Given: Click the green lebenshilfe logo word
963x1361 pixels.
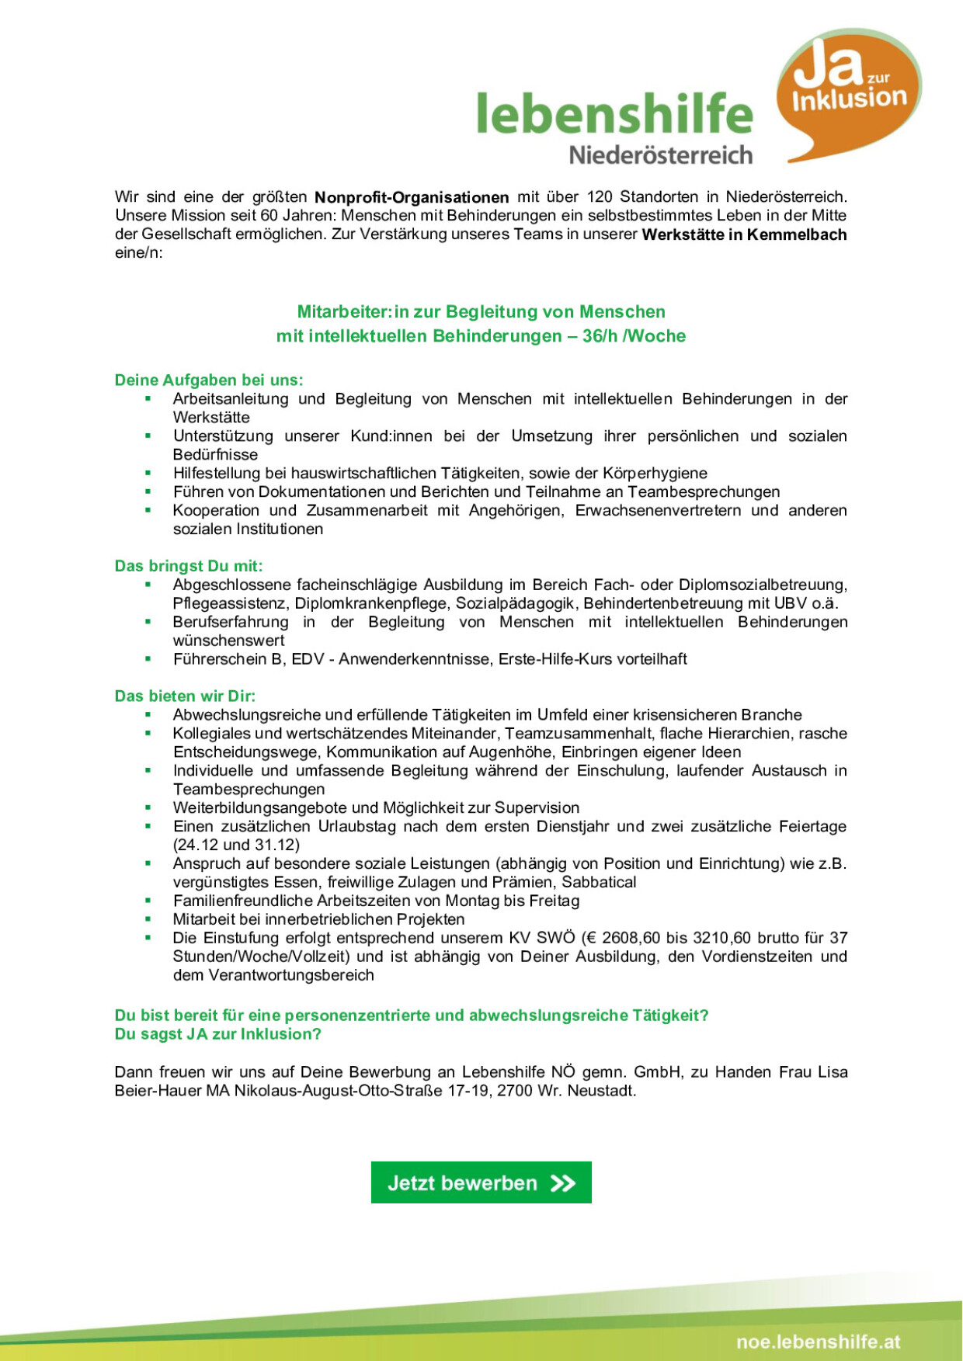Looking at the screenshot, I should point(614,113).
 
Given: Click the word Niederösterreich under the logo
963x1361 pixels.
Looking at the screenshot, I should point(661,155).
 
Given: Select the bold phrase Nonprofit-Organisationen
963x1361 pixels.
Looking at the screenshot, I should point(412,197).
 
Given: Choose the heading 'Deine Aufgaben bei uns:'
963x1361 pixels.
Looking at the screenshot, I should point(209,380).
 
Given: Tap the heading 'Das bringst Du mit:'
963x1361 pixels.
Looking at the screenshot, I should point(189,566).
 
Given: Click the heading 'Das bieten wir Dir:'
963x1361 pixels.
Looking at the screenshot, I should point(185,696).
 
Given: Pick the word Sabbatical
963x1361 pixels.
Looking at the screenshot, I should point(599,883).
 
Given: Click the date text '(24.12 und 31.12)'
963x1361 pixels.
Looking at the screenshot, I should point(236,845).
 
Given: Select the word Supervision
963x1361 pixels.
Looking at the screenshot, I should point(537,808).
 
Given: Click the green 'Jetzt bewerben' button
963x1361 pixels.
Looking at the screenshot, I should point(481,1182).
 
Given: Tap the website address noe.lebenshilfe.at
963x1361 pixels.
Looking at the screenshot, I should point(819,1342).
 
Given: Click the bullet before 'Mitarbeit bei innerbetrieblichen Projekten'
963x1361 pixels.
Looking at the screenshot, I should point(148,919).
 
